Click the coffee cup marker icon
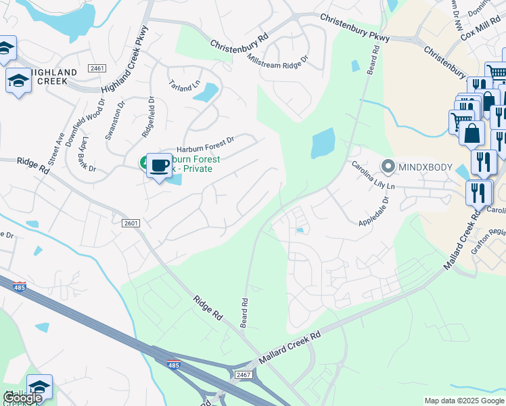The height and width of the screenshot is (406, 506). coord(159,165)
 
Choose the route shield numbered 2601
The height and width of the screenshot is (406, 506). coord(131,223)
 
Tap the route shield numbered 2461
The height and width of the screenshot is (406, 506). coord(96,68)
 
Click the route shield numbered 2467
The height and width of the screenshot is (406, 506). coord(244,374)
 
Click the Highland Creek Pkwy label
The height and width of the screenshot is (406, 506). coord(124,66)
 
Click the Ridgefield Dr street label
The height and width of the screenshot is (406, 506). coord(147,117)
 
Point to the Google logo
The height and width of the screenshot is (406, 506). coord(22,398)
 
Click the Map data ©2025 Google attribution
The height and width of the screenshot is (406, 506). coord(463,401)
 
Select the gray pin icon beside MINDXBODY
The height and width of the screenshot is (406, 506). coord(388,165)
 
